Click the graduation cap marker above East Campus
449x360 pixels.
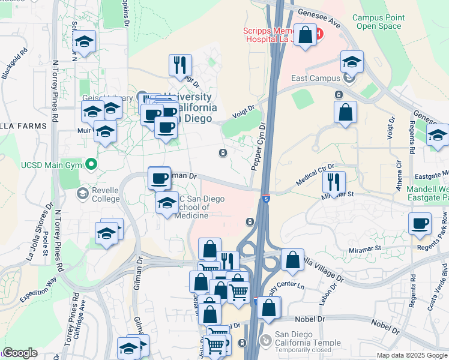coord(352,61)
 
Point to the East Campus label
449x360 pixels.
coord(316,78)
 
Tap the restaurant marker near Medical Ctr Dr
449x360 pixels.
coord(334,181)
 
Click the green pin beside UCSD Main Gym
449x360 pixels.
coord(91,163)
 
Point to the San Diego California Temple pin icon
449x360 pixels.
coord(265,341)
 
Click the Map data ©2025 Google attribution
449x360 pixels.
coord(412,355)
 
